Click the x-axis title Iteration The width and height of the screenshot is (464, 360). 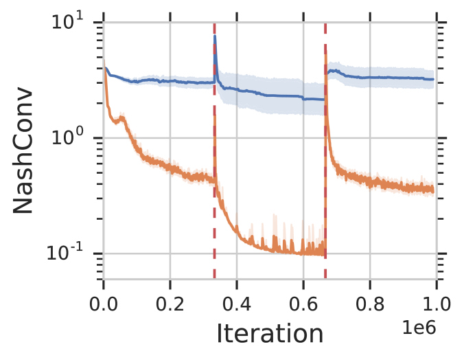pyautogui.click(x=270, y=333)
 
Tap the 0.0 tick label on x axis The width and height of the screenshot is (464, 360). pyautogui.click(x=104, y=302)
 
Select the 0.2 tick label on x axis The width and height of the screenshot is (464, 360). pyautogui.click(x=170, y=302)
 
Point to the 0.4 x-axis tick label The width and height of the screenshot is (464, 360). pyautogui.click(x=237, y=302)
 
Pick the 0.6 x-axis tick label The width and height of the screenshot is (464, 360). pyautogui.click(x=303, y=302)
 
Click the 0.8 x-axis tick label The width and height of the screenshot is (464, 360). pyautogui.click(x=369, y=302)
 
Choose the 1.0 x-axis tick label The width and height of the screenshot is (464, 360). pyautogui.click(x=436, y=302)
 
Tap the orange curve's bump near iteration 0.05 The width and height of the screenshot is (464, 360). pyautogui.click(x=122, y=119)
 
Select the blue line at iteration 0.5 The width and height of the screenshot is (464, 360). pyautogui.click(x=270, y=95)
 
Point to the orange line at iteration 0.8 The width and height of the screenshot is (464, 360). pyautogui.click(x=369, y=183)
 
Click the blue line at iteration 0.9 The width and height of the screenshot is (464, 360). pyautogui.click(x=403, y=78)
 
